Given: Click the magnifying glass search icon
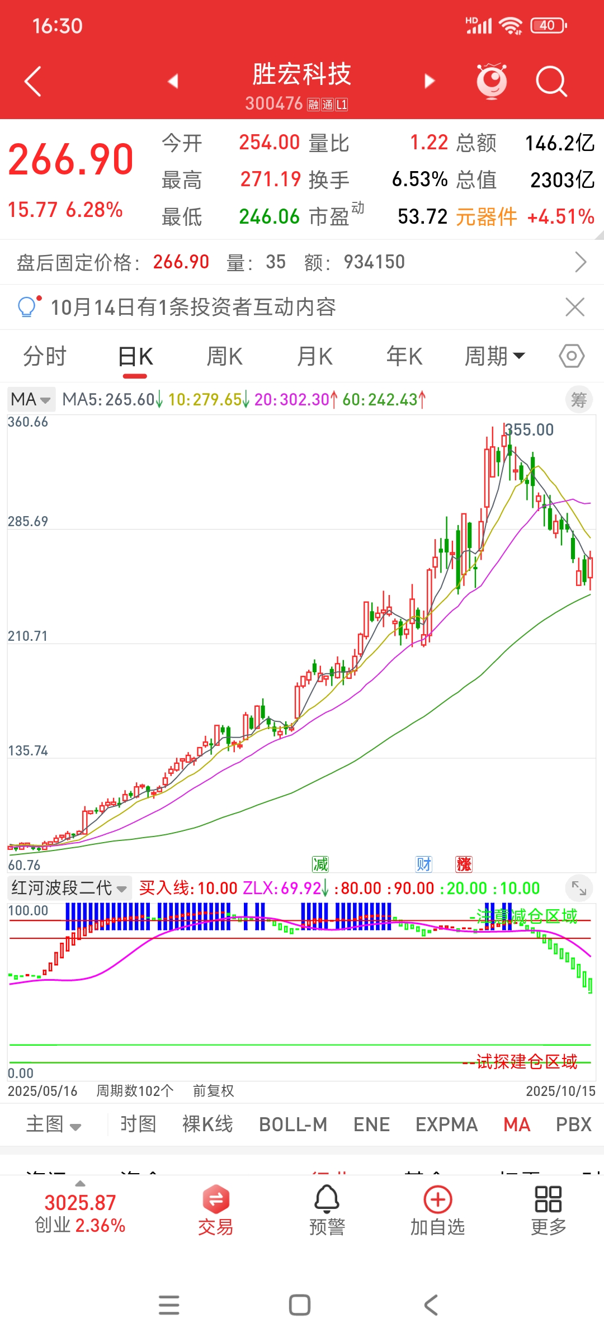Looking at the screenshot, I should pos(551,82).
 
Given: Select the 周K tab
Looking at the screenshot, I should pos(224,356).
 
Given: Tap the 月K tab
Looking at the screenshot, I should pos(315,356).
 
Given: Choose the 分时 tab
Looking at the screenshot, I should pos(45,356).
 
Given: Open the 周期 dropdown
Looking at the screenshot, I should pos(494,356).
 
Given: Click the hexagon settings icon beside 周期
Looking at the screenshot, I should pos(572,356).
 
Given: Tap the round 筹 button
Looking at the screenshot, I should pos(579,399).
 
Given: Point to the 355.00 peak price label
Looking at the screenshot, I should pos(529,430).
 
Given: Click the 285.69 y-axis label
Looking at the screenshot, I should pos(28,521).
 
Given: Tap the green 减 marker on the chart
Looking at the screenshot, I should pos(320,864).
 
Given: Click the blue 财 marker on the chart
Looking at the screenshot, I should pos(424,864).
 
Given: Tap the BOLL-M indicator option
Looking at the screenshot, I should pos(293,1124).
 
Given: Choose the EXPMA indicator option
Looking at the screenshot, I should pos(446,1124).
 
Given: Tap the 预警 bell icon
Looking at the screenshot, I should pos(327,1199).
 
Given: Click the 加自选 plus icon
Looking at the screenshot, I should pos(438,1199).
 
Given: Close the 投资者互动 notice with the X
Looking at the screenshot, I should pos(575,307).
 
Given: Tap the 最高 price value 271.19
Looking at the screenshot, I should pos(271,179).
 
